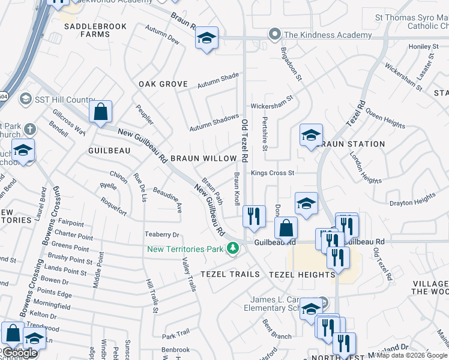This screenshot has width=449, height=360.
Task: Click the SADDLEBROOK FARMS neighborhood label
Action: coord(87,30)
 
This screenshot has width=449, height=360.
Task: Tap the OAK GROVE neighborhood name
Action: coord(163,84)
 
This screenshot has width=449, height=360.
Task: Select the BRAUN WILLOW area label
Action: coord(203,158)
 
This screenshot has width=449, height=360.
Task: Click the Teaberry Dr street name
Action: coord(161,235)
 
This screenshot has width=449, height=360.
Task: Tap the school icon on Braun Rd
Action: coord(206,39)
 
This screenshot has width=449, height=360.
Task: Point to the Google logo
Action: coord(20,353)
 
